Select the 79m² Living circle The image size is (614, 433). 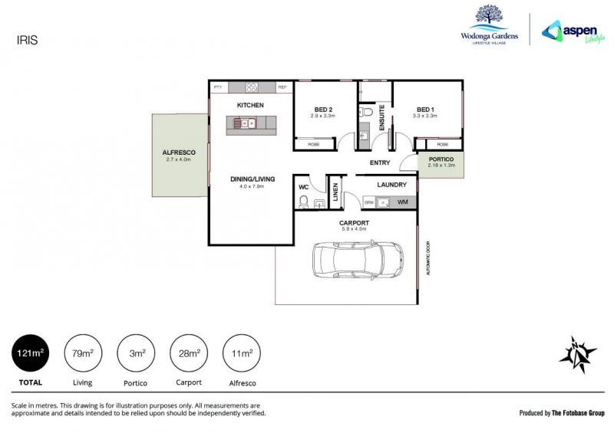pos(82,353)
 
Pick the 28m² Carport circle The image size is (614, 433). pos(189,353)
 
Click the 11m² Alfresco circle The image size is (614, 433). pos(242,353)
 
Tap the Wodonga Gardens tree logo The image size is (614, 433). pos(489,18)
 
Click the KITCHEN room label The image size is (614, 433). pos(250,104)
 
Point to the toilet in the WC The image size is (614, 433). pos(304,202)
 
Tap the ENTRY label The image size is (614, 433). pos(380,162)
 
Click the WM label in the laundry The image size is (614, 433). pos(401,202)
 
